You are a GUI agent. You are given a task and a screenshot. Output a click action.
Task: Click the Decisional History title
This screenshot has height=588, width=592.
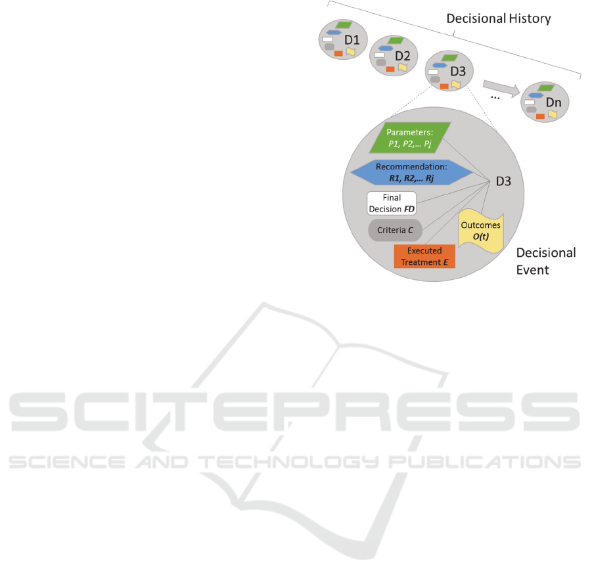(x=498, y=18)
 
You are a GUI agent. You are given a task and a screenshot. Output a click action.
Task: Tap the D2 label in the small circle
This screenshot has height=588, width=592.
(x=402, y=56)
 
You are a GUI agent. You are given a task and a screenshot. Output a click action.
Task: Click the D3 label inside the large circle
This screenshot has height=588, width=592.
(x=503, y=181)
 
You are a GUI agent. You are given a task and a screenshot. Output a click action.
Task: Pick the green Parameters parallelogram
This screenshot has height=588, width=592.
(x=410, y=137)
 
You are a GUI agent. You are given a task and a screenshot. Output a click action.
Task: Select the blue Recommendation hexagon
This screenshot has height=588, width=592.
(x=412, y=171)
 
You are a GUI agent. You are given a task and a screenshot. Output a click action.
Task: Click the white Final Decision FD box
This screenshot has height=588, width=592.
(x=392, y=203)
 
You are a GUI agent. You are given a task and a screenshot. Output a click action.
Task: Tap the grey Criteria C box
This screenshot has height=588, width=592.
(x=395, y=231)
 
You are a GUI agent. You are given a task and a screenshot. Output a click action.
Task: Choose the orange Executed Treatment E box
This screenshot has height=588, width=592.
(x=424, y=256)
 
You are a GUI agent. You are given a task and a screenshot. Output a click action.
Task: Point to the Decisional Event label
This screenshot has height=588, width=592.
(x=545, y=261)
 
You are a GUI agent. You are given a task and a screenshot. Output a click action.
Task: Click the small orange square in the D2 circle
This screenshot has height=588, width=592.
(x=390, y=69)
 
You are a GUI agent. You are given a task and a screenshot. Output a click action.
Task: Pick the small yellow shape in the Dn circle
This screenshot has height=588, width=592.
(x=553, y=114)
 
